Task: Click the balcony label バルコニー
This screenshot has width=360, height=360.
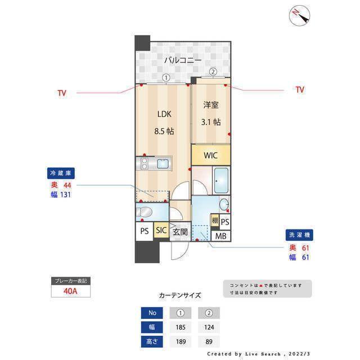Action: coord(183,60)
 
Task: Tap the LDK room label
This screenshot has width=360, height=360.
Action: coord(164,114)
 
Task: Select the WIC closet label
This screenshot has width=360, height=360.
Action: coord(210,155)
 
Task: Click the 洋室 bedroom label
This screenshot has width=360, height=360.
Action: coord(211,105)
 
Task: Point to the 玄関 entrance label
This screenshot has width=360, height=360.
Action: coord(180,231)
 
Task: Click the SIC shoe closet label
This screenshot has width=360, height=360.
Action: coord(161,231)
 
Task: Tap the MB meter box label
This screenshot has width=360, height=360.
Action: coord(221,236)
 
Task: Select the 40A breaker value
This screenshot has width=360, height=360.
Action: coord(71,291)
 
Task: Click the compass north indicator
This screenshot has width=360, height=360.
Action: coord(299,15)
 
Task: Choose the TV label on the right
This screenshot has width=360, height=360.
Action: coord(299,89)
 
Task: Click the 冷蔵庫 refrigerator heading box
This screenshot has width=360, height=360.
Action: coord(61,173)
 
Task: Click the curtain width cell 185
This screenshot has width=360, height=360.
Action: coord(181,327)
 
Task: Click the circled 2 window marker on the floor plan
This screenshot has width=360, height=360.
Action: coord(213,71)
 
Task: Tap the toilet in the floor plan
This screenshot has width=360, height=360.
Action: coord(144,212)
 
